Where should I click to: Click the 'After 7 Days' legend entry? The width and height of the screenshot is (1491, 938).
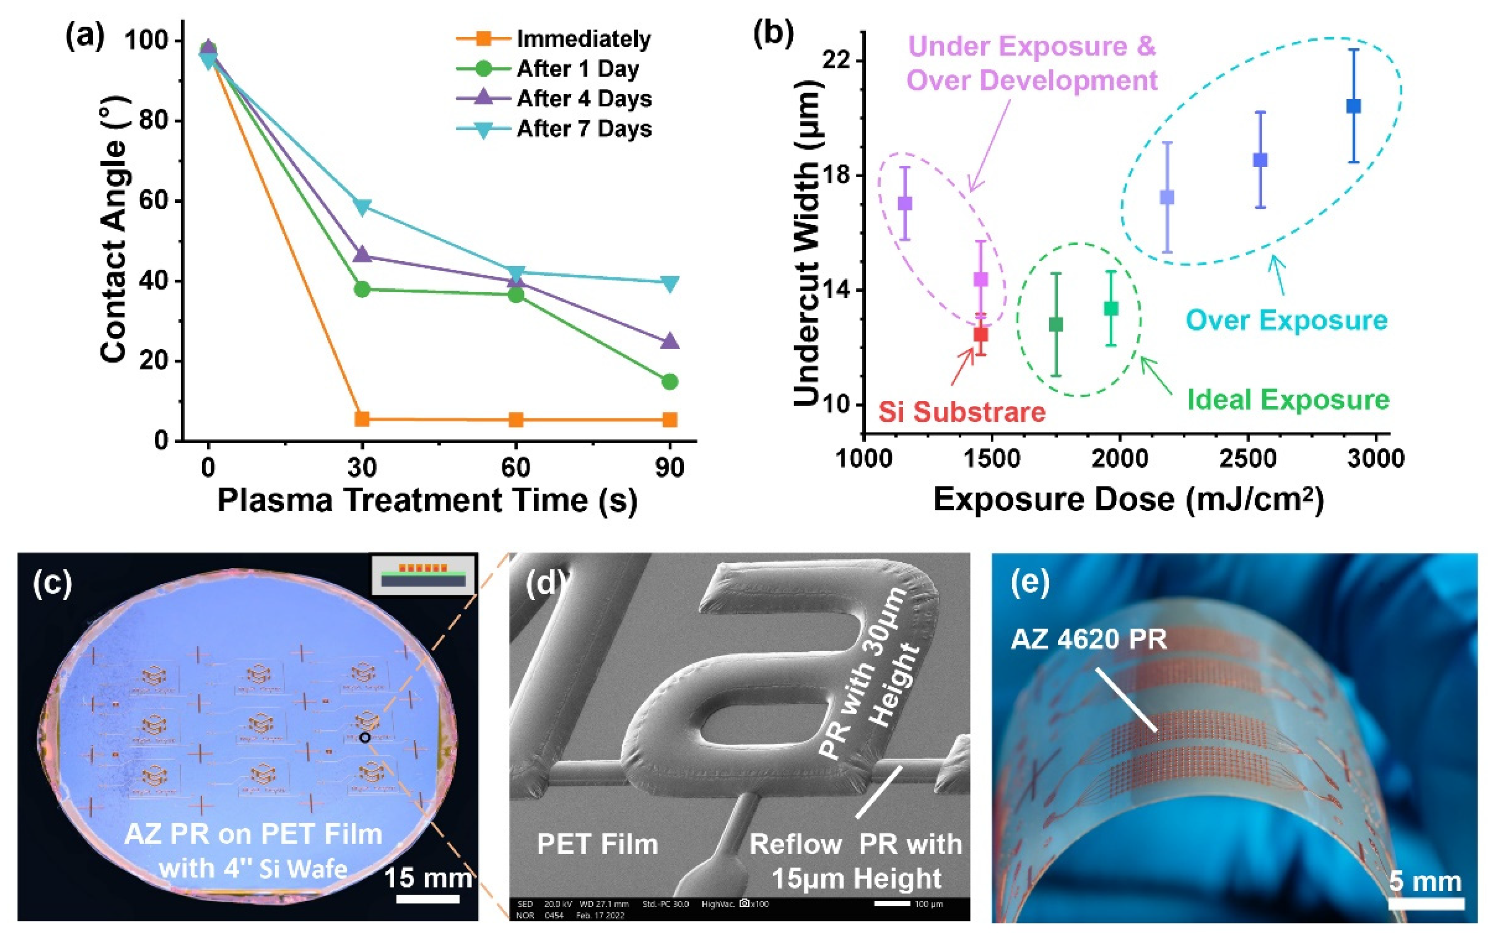tap(584, 129)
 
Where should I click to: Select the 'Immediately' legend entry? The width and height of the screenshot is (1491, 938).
tap(583, 39)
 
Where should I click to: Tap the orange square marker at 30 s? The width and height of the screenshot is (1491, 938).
tap(362, 419)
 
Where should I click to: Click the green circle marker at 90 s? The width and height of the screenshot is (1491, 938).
tap(669, 381)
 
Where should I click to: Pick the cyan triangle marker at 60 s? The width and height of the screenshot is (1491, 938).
tap(516, 272)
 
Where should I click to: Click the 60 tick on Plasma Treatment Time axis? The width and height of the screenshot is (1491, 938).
tap(516, 468)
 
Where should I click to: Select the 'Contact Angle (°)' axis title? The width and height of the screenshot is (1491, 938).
tap(114, 229)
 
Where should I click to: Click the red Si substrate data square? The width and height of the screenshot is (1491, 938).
tap(980, 334)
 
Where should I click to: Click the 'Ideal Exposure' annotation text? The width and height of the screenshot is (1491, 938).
tap(1288, 400)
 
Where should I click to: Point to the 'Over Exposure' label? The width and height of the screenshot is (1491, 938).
tap(1286, 321)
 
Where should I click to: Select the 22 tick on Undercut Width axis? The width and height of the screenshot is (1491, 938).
tap(836, 61)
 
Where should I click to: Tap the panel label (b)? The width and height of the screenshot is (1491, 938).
tap(773, 34)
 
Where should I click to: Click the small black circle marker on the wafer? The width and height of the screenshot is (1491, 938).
tap(365, 737)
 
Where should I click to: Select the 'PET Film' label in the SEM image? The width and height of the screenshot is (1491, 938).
tap(597, 844)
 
